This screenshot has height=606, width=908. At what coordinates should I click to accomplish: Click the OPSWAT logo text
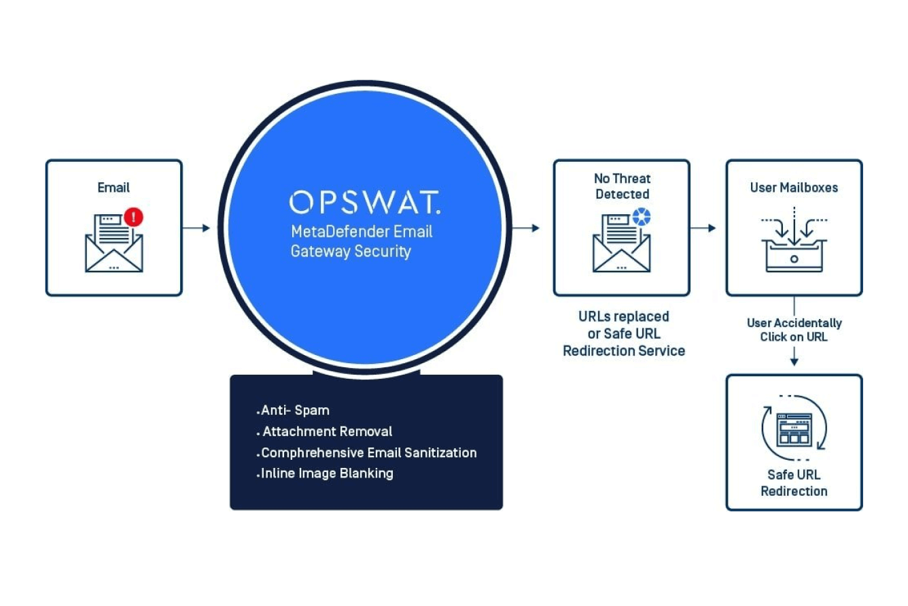coord(364,202)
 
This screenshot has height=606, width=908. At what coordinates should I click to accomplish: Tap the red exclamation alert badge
coord(135,217)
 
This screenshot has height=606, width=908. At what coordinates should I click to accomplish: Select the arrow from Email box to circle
coord(196,228)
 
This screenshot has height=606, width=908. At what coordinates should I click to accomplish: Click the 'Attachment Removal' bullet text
coord(327,431)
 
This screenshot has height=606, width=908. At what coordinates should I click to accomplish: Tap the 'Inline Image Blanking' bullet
coord(327,473)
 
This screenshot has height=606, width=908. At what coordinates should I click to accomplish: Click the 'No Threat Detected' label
coord(622,186)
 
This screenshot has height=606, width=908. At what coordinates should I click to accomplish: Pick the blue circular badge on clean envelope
coord(641,217)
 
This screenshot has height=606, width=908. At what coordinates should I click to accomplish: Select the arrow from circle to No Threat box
coord(525,228)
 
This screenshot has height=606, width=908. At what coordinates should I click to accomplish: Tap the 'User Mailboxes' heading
coord(794,187)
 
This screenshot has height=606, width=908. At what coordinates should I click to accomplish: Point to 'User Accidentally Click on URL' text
coord(794,329)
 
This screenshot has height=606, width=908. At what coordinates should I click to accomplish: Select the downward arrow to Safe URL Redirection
coord(794,359)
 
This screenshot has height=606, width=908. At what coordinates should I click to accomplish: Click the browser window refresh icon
coord(794,429)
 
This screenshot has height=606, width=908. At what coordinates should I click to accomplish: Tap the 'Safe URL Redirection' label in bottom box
coord(794,483)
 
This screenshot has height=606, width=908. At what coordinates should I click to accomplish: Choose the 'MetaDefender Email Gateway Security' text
coord(361,241)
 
